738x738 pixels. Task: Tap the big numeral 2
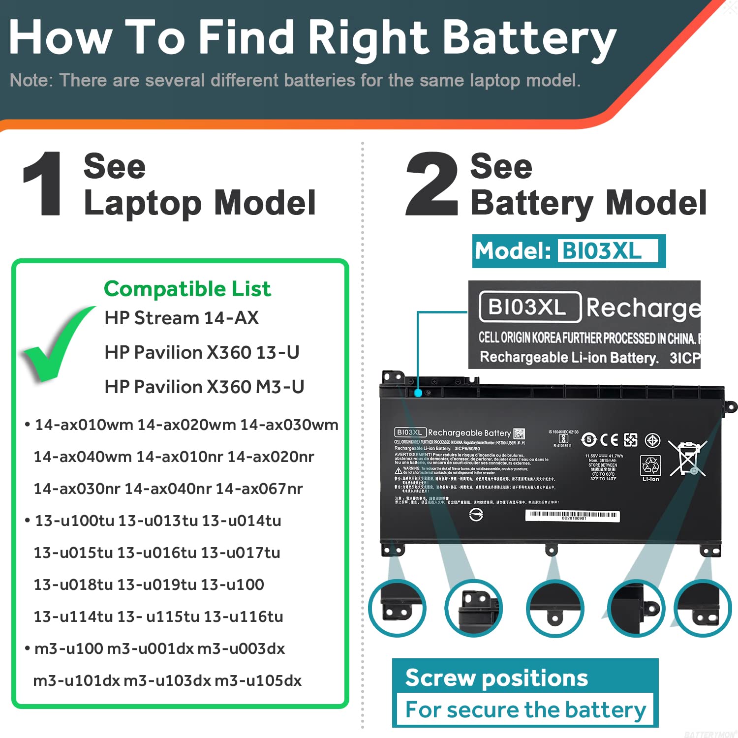[x=431, y=184]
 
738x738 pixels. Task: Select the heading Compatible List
[x=187, y=289]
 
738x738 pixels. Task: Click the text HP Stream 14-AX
[x=182, y=318]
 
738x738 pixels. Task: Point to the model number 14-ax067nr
[x=259, y=489]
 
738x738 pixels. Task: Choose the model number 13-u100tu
[x=74, y=521]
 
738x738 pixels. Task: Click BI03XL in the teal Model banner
[x=602, y=251]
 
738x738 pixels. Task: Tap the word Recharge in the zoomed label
[x=643, y=308]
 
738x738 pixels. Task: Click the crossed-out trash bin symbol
[x=687, y=458]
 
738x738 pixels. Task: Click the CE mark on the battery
[x=609, y=440]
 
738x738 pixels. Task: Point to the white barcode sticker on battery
[x=572, y=515]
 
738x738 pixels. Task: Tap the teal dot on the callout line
[x=418, y=393]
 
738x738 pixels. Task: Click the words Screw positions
[x=496, y=678]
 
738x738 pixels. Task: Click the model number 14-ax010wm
[x=84, y=425]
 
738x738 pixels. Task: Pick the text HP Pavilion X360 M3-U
[x=204, y=387]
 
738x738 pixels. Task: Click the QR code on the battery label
[x=519, y=433]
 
